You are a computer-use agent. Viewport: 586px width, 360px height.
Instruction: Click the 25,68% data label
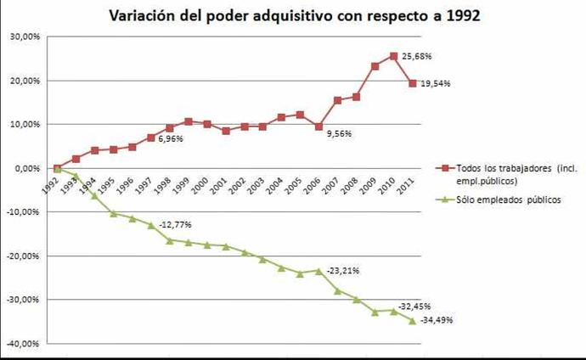[418, 56]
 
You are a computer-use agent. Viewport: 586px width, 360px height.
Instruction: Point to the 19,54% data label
[437, 84]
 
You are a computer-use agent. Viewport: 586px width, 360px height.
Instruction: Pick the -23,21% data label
[342, 271]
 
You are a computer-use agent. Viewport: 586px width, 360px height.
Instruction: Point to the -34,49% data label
[437, 320]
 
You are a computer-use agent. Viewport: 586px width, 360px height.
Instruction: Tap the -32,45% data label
[416, 307]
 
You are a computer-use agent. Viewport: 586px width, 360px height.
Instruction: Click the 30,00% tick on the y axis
[24, 37]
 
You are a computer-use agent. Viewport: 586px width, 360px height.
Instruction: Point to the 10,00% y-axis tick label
[24, 125]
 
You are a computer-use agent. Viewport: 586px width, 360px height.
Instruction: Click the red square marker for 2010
[394, 56]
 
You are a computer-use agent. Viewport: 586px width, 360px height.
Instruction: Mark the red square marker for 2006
[318, 127]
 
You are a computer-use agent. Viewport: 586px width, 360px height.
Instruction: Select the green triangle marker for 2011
[413, 320]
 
